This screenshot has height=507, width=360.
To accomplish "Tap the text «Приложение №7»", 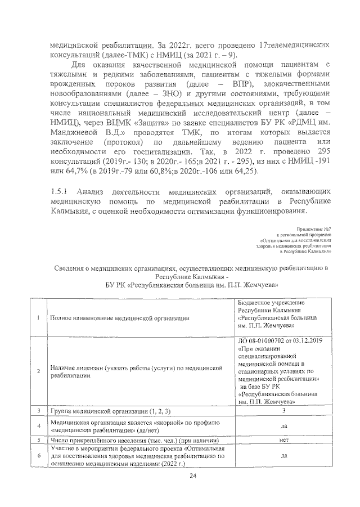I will point(313,229).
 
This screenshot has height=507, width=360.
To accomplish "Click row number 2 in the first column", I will point(38,371).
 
